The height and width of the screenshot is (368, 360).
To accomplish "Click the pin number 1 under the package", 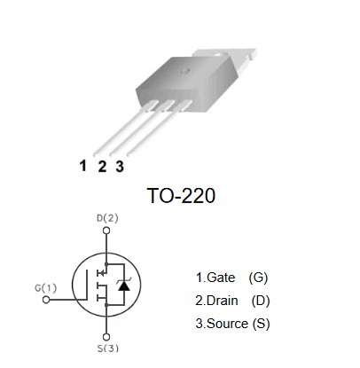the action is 83,166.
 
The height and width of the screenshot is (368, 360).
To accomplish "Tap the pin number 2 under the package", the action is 102,167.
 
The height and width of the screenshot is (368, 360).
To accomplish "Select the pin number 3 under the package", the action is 120,167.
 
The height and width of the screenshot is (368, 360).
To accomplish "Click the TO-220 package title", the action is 181,196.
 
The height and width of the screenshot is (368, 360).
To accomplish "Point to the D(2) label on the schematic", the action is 107,218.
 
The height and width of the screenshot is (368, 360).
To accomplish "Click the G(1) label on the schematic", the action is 45,287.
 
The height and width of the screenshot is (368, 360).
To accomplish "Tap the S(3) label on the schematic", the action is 108,348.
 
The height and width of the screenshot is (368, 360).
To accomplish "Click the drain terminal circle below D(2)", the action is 106,231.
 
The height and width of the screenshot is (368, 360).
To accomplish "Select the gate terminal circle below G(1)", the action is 46,300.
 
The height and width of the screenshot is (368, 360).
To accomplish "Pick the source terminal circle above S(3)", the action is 106,337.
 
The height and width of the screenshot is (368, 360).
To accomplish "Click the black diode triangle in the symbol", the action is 123,286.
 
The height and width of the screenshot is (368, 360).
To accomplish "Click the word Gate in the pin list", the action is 221,278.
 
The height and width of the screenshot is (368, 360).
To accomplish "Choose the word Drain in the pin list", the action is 223,301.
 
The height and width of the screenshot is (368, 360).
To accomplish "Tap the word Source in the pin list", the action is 227,324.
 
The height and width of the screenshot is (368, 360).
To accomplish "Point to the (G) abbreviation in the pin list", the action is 258,278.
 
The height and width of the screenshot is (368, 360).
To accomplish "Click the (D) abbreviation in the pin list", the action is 261,301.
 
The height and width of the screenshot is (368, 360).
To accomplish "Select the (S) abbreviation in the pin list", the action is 261,324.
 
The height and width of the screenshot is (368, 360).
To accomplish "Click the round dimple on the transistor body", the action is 185,71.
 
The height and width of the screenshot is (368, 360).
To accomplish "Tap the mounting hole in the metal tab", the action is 221,54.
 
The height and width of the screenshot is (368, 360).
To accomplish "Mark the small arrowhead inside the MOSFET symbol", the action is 101,273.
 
